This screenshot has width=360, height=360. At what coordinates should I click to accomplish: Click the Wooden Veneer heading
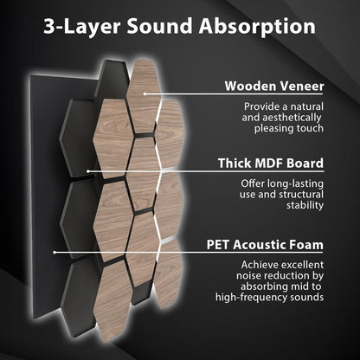coord(274,87)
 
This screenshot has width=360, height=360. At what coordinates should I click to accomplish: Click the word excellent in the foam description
coord(299,263)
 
